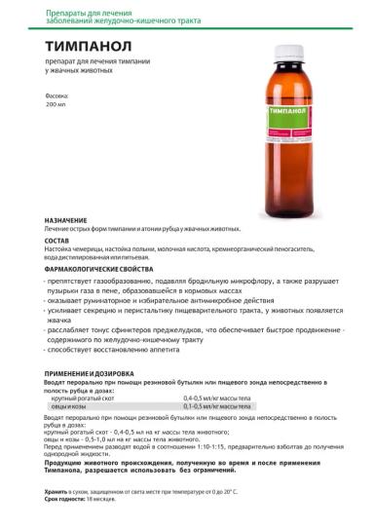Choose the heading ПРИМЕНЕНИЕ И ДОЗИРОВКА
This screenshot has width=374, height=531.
(x=94, y=374)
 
